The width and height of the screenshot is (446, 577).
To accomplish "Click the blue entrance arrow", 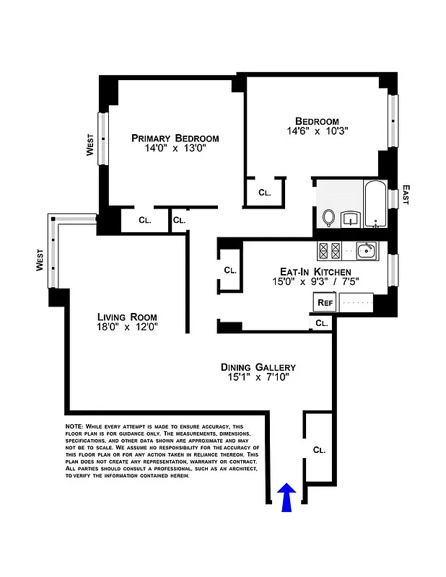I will tap(287, 498).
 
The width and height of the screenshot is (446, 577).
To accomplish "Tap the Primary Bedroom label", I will tap(175, 138).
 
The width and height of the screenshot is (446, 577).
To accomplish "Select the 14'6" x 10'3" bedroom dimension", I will tap(317, 132).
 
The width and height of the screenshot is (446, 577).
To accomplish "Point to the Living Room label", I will tap(127, 317).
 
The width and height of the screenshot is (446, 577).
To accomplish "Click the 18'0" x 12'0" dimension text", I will tap(127, 327).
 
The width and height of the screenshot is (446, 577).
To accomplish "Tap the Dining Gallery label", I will tap(258, 367).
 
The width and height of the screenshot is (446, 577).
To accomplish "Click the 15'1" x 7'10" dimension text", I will tap(258, 379).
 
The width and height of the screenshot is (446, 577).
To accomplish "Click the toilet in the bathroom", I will tap(328, 217).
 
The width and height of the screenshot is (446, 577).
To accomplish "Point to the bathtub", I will tap(374, 205).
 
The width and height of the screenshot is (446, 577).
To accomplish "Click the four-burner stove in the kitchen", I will tap(329, 250).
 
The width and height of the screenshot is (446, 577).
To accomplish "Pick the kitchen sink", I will tap(366, 250).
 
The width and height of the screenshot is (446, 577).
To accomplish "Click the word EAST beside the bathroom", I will tap(406, 194).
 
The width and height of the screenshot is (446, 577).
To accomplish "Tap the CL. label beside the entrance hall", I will tap(319, 449).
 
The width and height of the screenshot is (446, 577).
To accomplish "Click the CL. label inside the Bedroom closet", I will tap(264, 193).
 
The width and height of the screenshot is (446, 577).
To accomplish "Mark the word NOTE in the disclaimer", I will tap(74, 427).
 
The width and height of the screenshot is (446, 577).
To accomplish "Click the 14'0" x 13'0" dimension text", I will tap(175, 149).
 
